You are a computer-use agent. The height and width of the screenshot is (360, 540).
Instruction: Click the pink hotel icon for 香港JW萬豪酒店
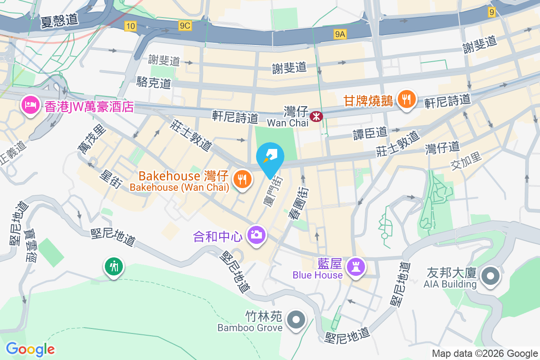tap(30, 106)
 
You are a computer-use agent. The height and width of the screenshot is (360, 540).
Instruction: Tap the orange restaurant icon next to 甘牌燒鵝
tap(407, 100)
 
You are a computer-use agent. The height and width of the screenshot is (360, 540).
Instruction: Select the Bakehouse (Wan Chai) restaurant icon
tap(243, 179)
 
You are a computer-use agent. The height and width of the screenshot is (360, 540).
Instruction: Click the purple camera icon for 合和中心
tap(257, 235)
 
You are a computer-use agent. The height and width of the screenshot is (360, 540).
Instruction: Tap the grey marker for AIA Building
tap(490, 276)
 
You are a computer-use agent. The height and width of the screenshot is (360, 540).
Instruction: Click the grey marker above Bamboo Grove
tap(296, 320)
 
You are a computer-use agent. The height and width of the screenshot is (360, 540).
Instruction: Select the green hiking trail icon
tap(114, 266)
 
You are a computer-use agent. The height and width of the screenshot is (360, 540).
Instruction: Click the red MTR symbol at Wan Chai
tap(317, 116)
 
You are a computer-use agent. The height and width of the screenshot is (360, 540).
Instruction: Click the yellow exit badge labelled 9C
tap(184, 26)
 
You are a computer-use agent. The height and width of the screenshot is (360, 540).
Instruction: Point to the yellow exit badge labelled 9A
tap(340, 34)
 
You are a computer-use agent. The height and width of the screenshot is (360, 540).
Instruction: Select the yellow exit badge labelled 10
tap(130, 26)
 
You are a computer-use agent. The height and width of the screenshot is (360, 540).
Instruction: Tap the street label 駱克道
tap(154, 82)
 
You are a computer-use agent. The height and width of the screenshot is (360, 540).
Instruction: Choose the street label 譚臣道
tap(370, 133)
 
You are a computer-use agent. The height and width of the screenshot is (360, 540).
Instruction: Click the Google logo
tap(30, 349)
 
